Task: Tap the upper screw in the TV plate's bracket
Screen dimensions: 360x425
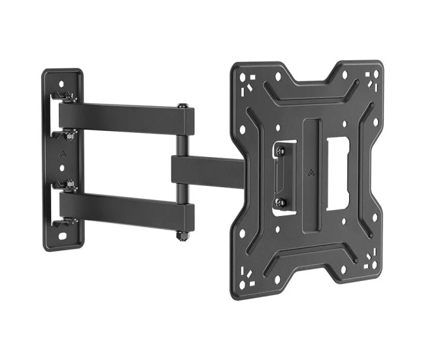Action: [x=280, y=151]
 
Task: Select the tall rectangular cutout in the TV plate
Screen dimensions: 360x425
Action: [x=337, y=173]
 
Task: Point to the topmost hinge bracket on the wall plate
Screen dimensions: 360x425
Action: [x=65, y=97]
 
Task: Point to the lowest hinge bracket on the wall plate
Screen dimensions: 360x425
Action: [x=65, y=223]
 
